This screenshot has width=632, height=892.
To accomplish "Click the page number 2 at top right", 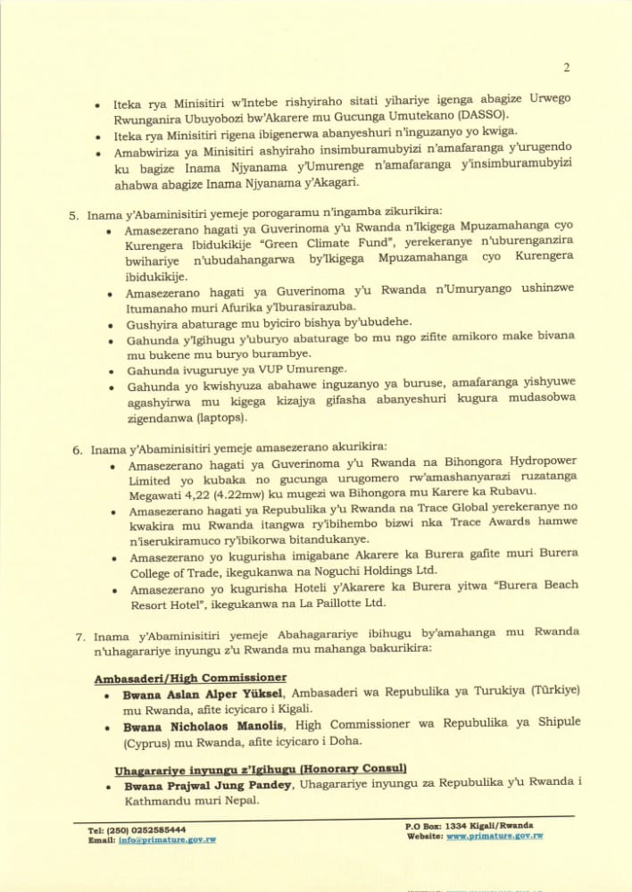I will point(567,67).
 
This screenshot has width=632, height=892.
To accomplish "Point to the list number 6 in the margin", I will point(77,449).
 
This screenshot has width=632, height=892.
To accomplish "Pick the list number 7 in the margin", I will point(80,637).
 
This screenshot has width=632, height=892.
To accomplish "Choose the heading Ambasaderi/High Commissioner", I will point(190,678).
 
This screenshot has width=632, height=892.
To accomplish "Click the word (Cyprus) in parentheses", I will point(148,742).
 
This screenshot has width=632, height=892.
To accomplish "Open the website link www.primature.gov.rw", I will point(495,837).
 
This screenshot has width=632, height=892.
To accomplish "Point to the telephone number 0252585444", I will point(154,829).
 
